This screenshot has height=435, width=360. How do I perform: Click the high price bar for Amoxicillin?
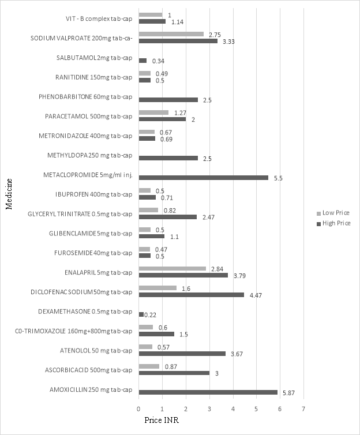(x=208, y=393)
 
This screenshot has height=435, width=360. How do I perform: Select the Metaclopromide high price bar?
(x=203, y=178)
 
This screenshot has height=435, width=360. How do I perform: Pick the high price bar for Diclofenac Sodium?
(x=191, y=295)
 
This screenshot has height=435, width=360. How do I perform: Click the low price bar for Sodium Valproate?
(x=171, y=34)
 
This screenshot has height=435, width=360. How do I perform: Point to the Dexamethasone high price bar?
(x=141, y=314)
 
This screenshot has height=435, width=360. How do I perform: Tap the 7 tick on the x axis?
(x=303, y=409)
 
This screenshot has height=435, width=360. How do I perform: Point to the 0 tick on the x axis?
(x=139, y=409)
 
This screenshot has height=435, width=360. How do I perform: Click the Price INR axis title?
(x=162, y=421)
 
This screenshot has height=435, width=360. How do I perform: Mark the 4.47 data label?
(x=254, y=295)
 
